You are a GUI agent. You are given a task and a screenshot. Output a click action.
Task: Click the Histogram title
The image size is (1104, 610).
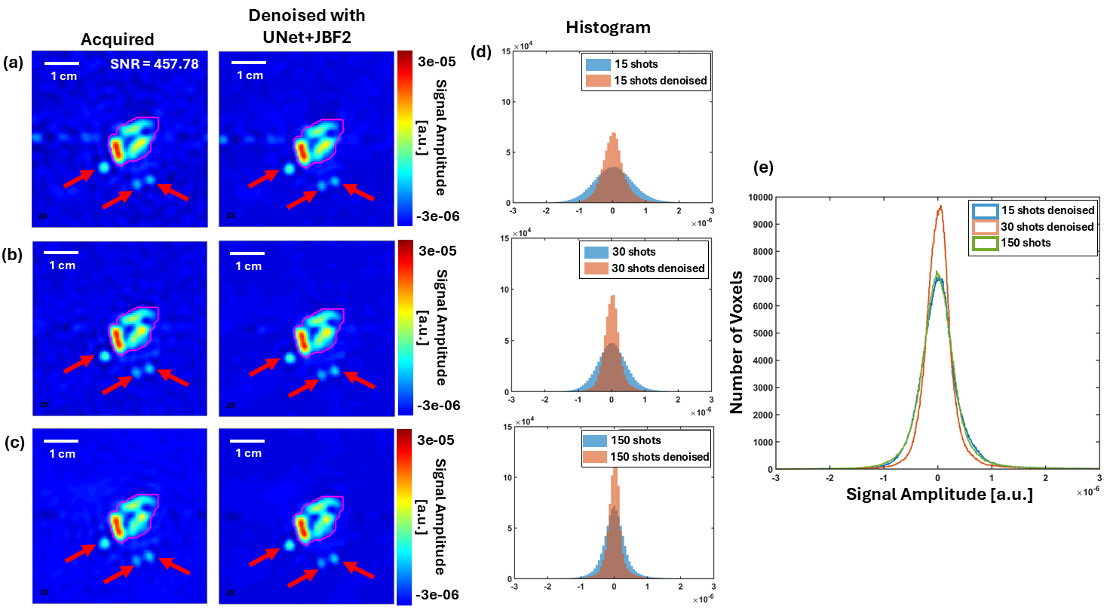[x=609, y=27]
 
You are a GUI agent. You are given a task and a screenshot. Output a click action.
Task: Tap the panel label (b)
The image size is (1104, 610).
[x=12, y=251]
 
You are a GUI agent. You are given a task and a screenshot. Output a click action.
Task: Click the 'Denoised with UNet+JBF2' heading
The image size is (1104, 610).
[x=306, y=26]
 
